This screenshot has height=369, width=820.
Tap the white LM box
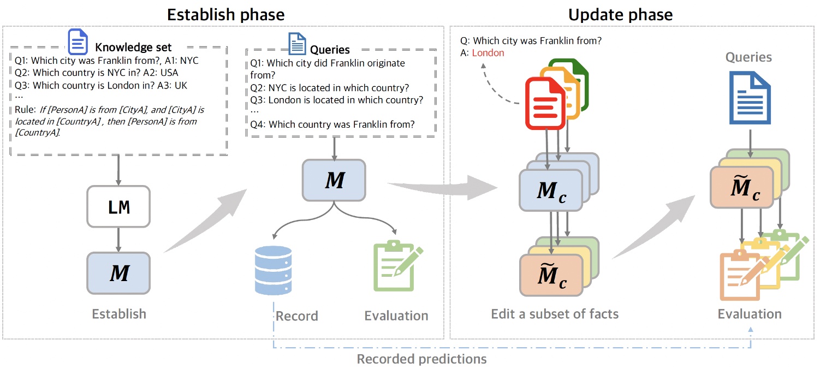coord(118,207)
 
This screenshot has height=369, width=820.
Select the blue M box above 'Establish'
coord(118,273)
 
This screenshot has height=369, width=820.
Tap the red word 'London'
coord(488,53)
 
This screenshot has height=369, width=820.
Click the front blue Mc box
coord(550,190)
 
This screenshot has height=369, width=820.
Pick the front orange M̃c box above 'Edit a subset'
coord(550,276)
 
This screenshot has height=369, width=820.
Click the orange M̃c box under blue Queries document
coord(741,187)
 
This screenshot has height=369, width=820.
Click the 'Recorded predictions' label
coord(421,359)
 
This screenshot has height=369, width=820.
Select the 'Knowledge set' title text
coord(133,47)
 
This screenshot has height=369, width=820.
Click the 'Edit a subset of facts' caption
coord(555,314)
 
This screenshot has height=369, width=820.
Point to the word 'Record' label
coord(296,316)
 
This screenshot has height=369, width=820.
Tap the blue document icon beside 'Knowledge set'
coord(78,41)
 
